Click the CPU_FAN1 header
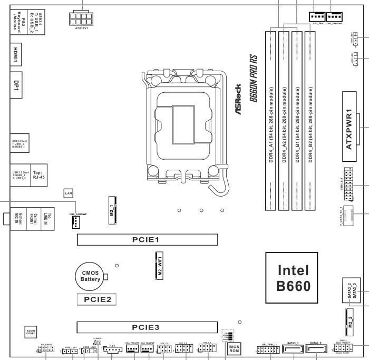pyautogui.click(x=317, y=16)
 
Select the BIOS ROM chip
pyautogui.click(x=234, y=348)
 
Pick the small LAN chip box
pyautogui.click(x=68, y=193)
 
